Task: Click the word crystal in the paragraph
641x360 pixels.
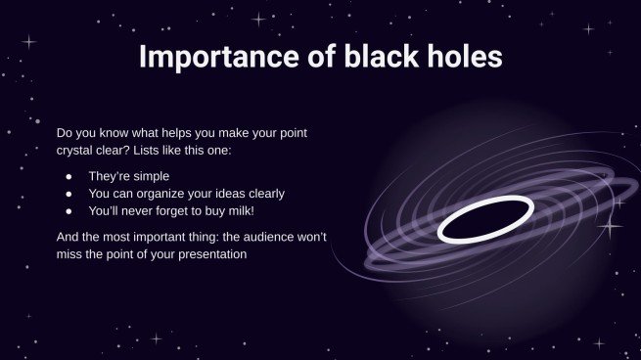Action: [76, 151]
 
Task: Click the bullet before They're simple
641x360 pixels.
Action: [69, 177]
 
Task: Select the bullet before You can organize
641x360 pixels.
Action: [69, 194]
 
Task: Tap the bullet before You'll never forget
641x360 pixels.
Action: [69, 210]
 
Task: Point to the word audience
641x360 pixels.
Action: [279, 237]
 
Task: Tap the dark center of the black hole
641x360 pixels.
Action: [485, 219]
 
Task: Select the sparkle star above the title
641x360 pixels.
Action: [259, 19]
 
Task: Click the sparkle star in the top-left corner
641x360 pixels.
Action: [28, 42]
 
